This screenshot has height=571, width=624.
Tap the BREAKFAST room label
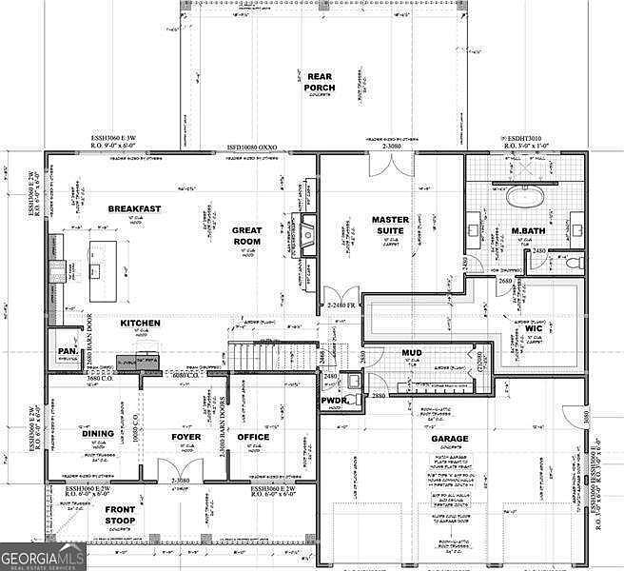(x=134, y=208)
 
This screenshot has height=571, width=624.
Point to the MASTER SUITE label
(x=390, y=226)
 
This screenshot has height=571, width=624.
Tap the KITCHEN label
(x=140, y=324)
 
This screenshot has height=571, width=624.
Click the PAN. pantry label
(x=68, y=351)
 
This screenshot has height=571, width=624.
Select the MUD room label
(x=411, y=353)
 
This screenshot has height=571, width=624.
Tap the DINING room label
(x=97, y=434)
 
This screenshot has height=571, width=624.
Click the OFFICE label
(x=253, y=437)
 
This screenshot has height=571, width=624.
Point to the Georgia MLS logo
(x=44, y=554)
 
